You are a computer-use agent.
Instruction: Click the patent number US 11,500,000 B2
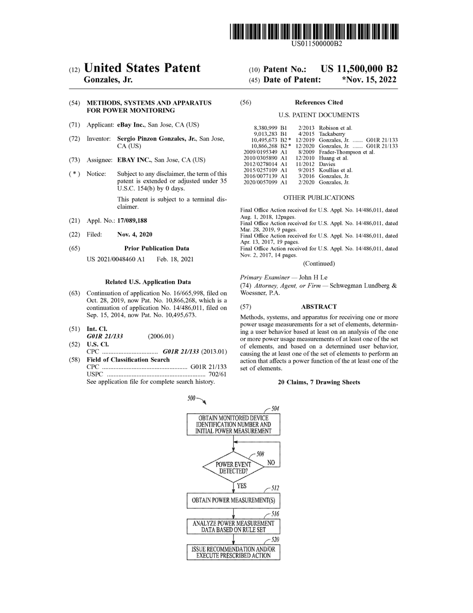(x=359, y=69)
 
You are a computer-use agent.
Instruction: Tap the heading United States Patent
(x=142, y=68)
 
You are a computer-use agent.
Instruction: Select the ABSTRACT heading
(x=319, y=307)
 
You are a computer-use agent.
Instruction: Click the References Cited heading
(x=319, y=103)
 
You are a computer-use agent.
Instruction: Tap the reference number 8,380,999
(x=266, y=128)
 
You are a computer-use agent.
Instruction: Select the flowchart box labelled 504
(x=233, y=425)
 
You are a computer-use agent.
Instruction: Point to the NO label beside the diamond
(x=271, y=462)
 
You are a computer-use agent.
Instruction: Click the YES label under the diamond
(x=242, y=486)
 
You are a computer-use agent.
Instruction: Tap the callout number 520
(x=275, y=540)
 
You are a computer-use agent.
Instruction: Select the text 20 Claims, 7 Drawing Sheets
(x=319, y=382)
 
